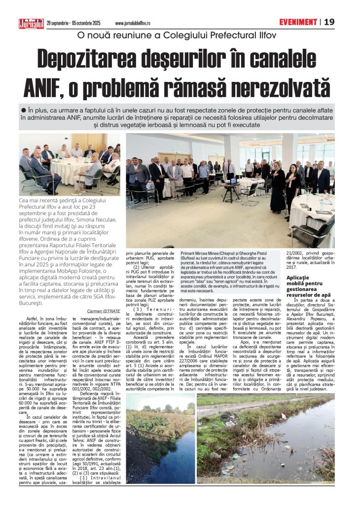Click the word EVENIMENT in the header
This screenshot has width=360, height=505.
click(x=297, y=22)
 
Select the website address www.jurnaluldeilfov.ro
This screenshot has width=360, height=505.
click(x=132, y=23)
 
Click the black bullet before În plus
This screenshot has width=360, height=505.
click(x=23, y=109)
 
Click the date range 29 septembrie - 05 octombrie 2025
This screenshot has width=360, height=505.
click(x=73, y=23)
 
